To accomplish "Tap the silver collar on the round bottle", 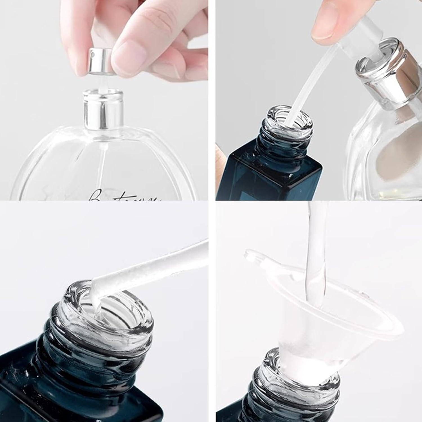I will click(x=103, y=110).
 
